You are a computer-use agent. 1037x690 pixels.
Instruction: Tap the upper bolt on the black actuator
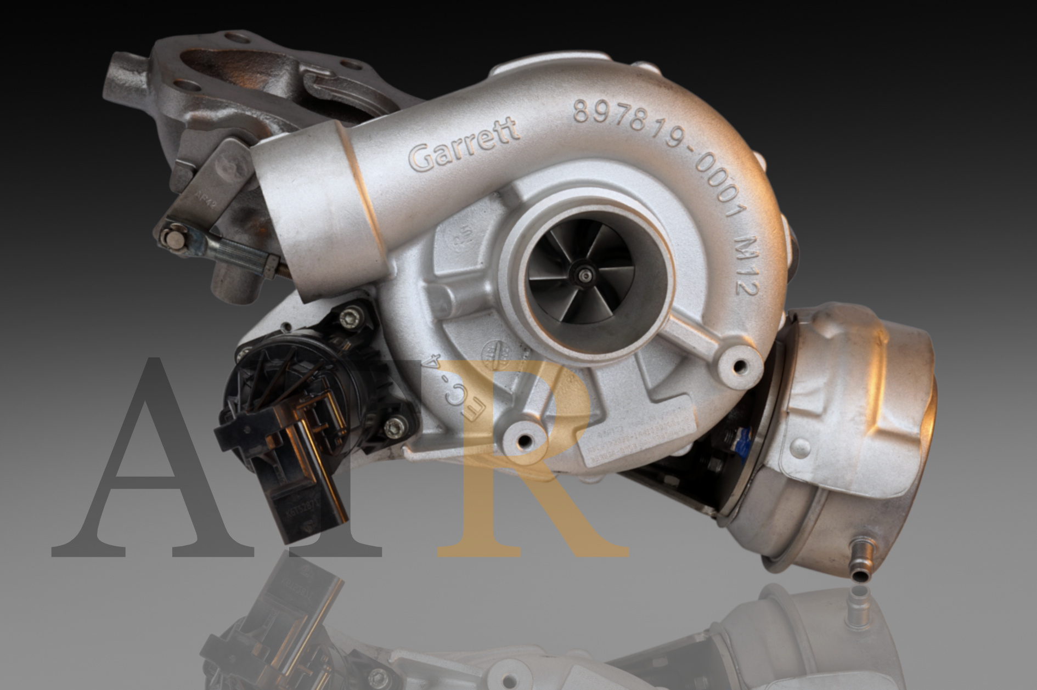[x=351, y=317]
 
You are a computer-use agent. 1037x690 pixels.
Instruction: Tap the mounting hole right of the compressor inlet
[x=740, y=365]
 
